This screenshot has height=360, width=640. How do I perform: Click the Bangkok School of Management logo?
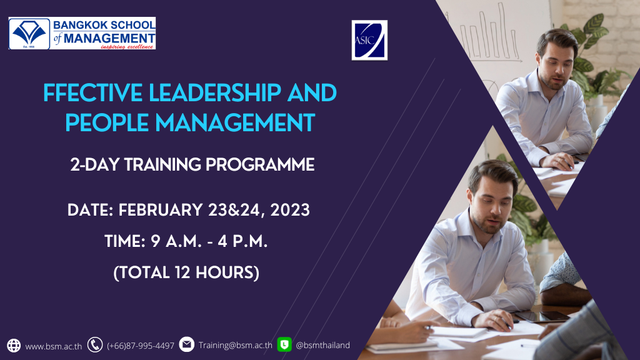pos(82,33)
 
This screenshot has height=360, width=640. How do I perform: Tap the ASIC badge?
pos(369,40)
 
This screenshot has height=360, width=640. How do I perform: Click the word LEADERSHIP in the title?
pos(215,92)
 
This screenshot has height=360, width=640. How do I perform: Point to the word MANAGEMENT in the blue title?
pos(235,122)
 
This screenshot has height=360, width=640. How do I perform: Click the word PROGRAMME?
pos(260,165)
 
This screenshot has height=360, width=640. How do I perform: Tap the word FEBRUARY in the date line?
pos(161,210)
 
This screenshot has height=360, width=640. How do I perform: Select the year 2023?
pos(290,210)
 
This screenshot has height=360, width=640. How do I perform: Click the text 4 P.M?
pos(242,241)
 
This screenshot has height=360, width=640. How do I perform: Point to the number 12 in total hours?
pos(182,272)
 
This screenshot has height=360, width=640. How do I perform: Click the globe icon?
pos(14,345)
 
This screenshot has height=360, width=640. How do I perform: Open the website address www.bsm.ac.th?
pos(54,346)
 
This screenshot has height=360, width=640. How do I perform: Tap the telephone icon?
pos(95,345)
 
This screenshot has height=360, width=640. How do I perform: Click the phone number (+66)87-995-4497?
pos(141,346)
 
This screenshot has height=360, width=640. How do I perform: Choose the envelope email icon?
pos(186,344)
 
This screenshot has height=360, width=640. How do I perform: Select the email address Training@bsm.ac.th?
pos(235,345)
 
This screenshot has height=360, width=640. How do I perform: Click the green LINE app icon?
pos(284,344)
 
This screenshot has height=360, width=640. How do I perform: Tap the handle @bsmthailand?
pos(322,345)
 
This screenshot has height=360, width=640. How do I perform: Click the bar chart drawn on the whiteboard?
pos(486,34)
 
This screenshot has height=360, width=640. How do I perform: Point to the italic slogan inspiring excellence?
pos(126,47)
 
